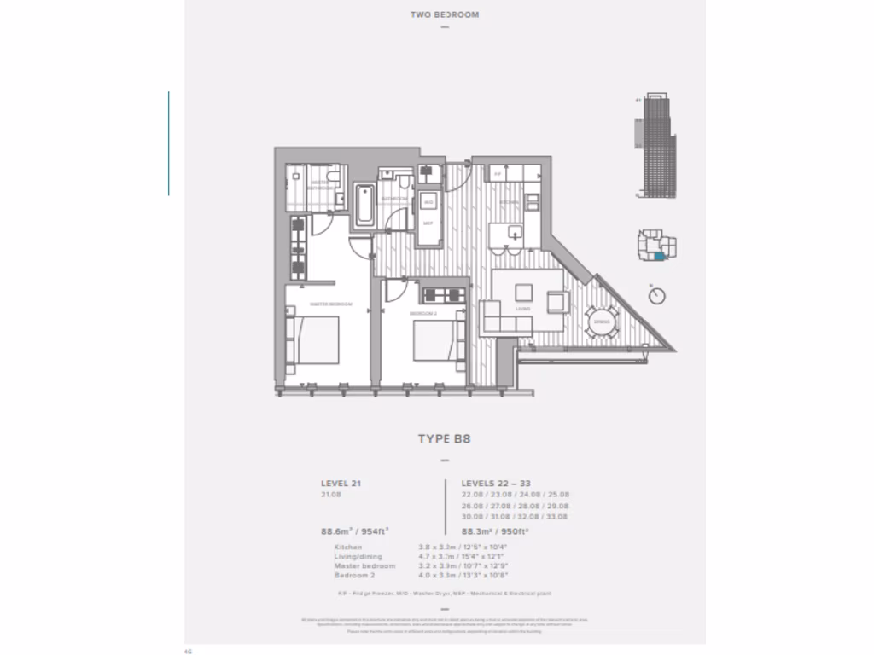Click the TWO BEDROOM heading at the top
pyautogui.click(x=443, y=14)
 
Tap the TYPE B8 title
pyautogui.click(x=444, y=439)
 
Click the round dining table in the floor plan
pyautogui.click(x=601, y=322)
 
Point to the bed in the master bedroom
pyautogui.click(x=314, y=339)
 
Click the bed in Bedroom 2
pyautogui.click(x=436, y=339)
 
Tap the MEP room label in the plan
pyautogui.click(x=428, y=223)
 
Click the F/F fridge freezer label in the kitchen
pyautogui.click(x=497, y=174)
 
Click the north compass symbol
pyautogui.click(x=656, y=295)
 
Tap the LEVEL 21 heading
pyautogui.click(x=341, y=482)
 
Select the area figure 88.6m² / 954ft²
pyautogui.click(x=355, y=530)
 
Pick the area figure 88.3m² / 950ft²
pyautogui.click(x=494, y=530)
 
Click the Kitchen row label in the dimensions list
pyautogui.click(x=349, y=547)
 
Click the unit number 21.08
pyautogui.click(x=331, y=494)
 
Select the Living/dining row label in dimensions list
pyautogui.click(x=358, y=556)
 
